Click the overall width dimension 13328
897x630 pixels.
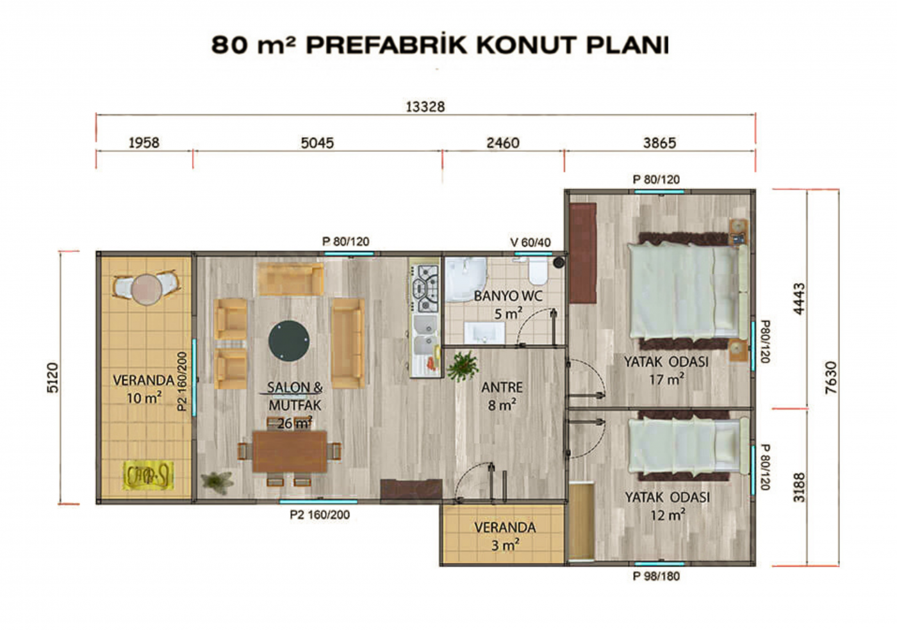(425, 107)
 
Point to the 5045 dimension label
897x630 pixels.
(317, 143)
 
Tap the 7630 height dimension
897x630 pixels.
(831, 378)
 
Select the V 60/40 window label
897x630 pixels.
(531, 242)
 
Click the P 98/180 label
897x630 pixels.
(656, 576)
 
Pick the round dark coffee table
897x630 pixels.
(289, 341)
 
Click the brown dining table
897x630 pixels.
(290, 451)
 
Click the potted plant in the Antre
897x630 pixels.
(462, 366)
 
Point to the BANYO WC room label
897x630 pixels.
(507, 296)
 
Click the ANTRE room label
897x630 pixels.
(502, 387)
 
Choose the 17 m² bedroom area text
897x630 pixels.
(666, 379)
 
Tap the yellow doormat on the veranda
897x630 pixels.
(148, 474)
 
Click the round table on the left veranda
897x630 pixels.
(147, 289)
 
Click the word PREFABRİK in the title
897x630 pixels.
(386, 45)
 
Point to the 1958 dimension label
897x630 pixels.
(144, 143)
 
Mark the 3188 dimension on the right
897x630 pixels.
(799, 487)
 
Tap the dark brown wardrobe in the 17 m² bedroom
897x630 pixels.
(583, 253)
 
